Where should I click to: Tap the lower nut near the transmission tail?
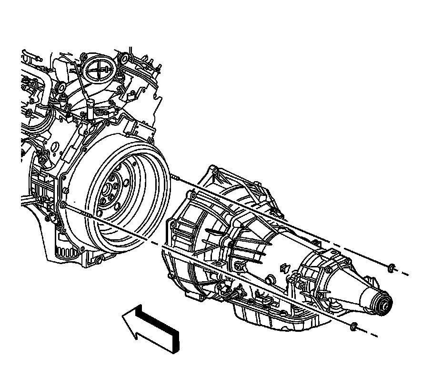pyautogui.click(x=353, y=327)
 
